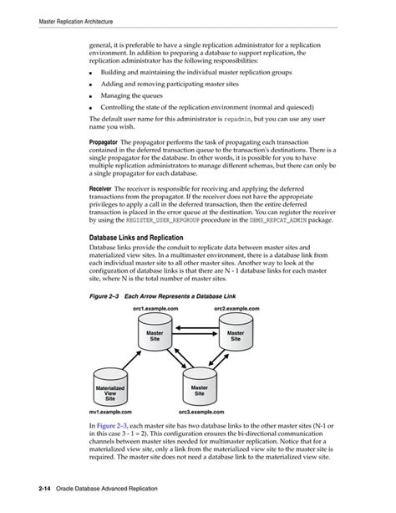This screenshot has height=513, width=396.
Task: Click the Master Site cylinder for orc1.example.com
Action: pyautogui.click(x=155, y=337)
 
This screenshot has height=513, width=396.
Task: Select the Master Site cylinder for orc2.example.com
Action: pyautogui.click(x=236, y=337)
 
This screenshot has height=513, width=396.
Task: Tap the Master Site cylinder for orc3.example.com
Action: pyautogui.click(x=199, y=389)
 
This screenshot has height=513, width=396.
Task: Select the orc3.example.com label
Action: pyautogui.click(x=202, y=413)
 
